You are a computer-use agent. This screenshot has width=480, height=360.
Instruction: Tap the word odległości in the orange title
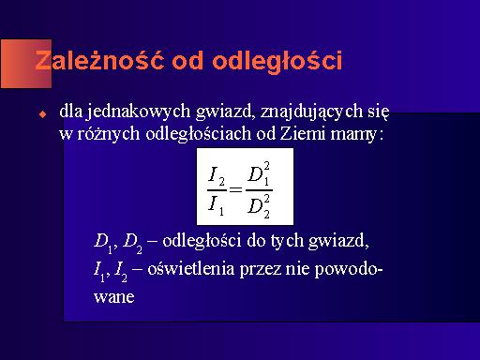277,62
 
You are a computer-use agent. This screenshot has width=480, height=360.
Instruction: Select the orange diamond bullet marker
42,114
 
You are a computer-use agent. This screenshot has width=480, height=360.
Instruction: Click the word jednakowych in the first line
138,112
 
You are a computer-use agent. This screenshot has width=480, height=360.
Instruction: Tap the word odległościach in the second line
199,134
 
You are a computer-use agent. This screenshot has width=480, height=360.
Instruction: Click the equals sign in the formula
236,189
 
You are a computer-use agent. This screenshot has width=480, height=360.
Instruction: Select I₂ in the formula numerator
217,176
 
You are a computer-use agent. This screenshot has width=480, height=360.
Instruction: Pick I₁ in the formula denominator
217,205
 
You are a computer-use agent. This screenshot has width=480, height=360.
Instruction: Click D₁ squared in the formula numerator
259,174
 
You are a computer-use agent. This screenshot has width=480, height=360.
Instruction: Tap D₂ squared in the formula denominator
259,206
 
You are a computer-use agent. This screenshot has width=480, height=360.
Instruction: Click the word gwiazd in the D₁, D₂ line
338,241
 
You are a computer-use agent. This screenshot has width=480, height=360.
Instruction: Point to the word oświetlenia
190,268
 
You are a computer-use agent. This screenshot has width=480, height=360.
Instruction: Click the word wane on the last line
114,297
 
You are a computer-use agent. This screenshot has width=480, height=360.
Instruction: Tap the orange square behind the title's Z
26,64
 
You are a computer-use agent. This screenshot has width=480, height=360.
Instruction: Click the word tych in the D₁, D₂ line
287,241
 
